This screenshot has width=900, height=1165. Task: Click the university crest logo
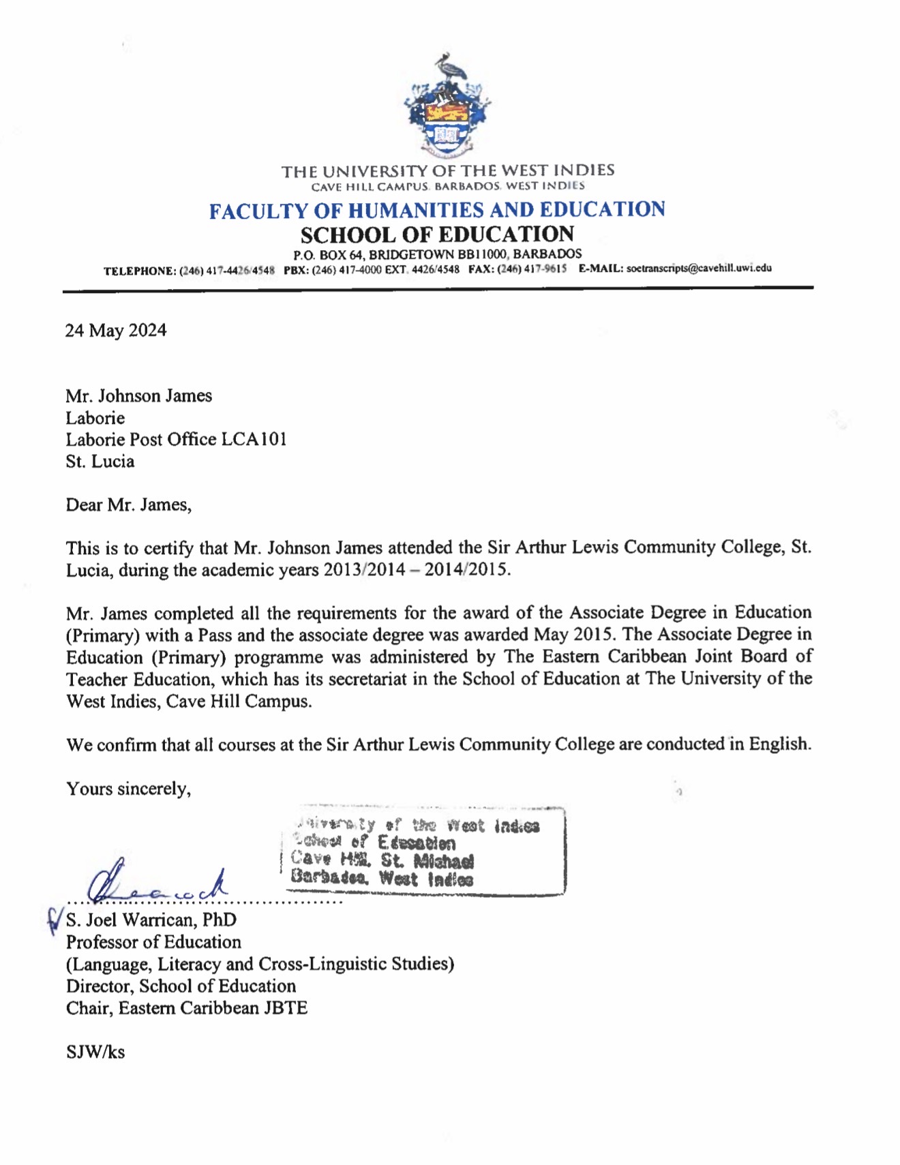click(x=447, y=106)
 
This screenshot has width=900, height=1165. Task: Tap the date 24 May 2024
click(x=116, y=331)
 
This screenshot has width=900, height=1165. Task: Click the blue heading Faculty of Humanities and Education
click(x=437, y=210)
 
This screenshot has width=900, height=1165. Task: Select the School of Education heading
click(x=437, y=234)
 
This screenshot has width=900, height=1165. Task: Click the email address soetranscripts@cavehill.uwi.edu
click(x=699, y=269)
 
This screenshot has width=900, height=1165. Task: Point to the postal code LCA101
click(x=254, y=440)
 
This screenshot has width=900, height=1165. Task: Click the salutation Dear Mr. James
click(x=129, y=505)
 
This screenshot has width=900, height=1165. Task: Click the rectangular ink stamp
click(x=423, y=852)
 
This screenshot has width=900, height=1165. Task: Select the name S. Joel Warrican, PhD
click(x=151, y=920)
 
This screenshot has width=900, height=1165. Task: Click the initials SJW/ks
click(x=95, y=1053)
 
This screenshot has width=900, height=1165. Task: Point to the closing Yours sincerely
click(x=128, y=789)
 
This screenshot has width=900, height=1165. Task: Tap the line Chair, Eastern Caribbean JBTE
click(x=187, y=1008)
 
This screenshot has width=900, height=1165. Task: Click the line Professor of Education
click(x=153, y=942)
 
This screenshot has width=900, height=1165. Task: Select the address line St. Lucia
click(x=100, y=462)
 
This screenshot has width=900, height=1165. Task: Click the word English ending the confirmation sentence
click(x=779, y=744)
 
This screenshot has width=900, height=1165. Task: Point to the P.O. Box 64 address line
click(x=437, y=254)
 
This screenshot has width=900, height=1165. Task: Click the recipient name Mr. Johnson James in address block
click(x=138, y=396)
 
